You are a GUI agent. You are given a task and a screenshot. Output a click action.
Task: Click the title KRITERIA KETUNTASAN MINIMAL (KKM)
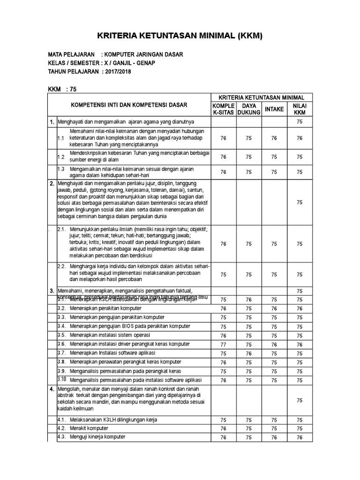pos(180,36)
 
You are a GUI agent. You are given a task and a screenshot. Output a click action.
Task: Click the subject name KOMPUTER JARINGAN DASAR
pos(145,54)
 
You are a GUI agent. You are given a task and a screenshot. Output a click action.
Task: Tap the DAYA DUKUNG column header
pos(248,109)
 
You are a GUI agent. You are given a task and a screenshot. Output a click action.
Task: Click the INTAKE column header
pos(274,109)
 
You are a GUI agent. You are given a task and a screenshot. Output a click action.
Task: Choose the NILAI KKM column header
pos(299,109)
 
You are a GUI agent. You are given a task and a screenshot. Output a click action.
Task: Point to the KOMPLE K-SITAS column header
pos(223,109)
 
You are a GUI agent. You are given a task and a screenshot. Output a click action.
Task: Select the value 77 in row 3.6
pos(223,344)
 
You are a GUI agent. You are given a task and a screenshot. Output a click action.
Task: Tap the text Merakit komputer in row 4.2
pos(89,428)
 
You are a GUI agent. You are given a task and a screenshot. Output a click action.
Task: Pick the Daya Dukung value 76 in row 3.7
pos(248,353)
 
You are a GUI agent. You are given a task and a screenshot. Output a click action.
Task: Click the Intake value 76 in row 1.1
pos(274,138)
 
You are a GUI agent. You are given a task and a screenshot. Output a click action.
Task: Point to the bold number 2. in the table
pos(52,183)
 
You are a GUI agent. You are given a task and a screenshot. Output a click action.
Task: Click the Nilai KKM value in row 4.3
pos(299,438)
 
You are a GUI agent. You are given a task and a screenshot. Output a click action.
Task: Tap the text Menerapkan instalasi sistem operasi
pos(110,335)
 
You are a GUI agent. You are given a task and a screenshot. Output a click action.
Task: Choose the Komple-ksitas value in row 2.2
pos(223,275)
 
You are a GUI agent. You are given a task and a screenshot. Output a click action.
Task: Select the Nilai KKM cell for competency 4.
pos(299,400)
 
